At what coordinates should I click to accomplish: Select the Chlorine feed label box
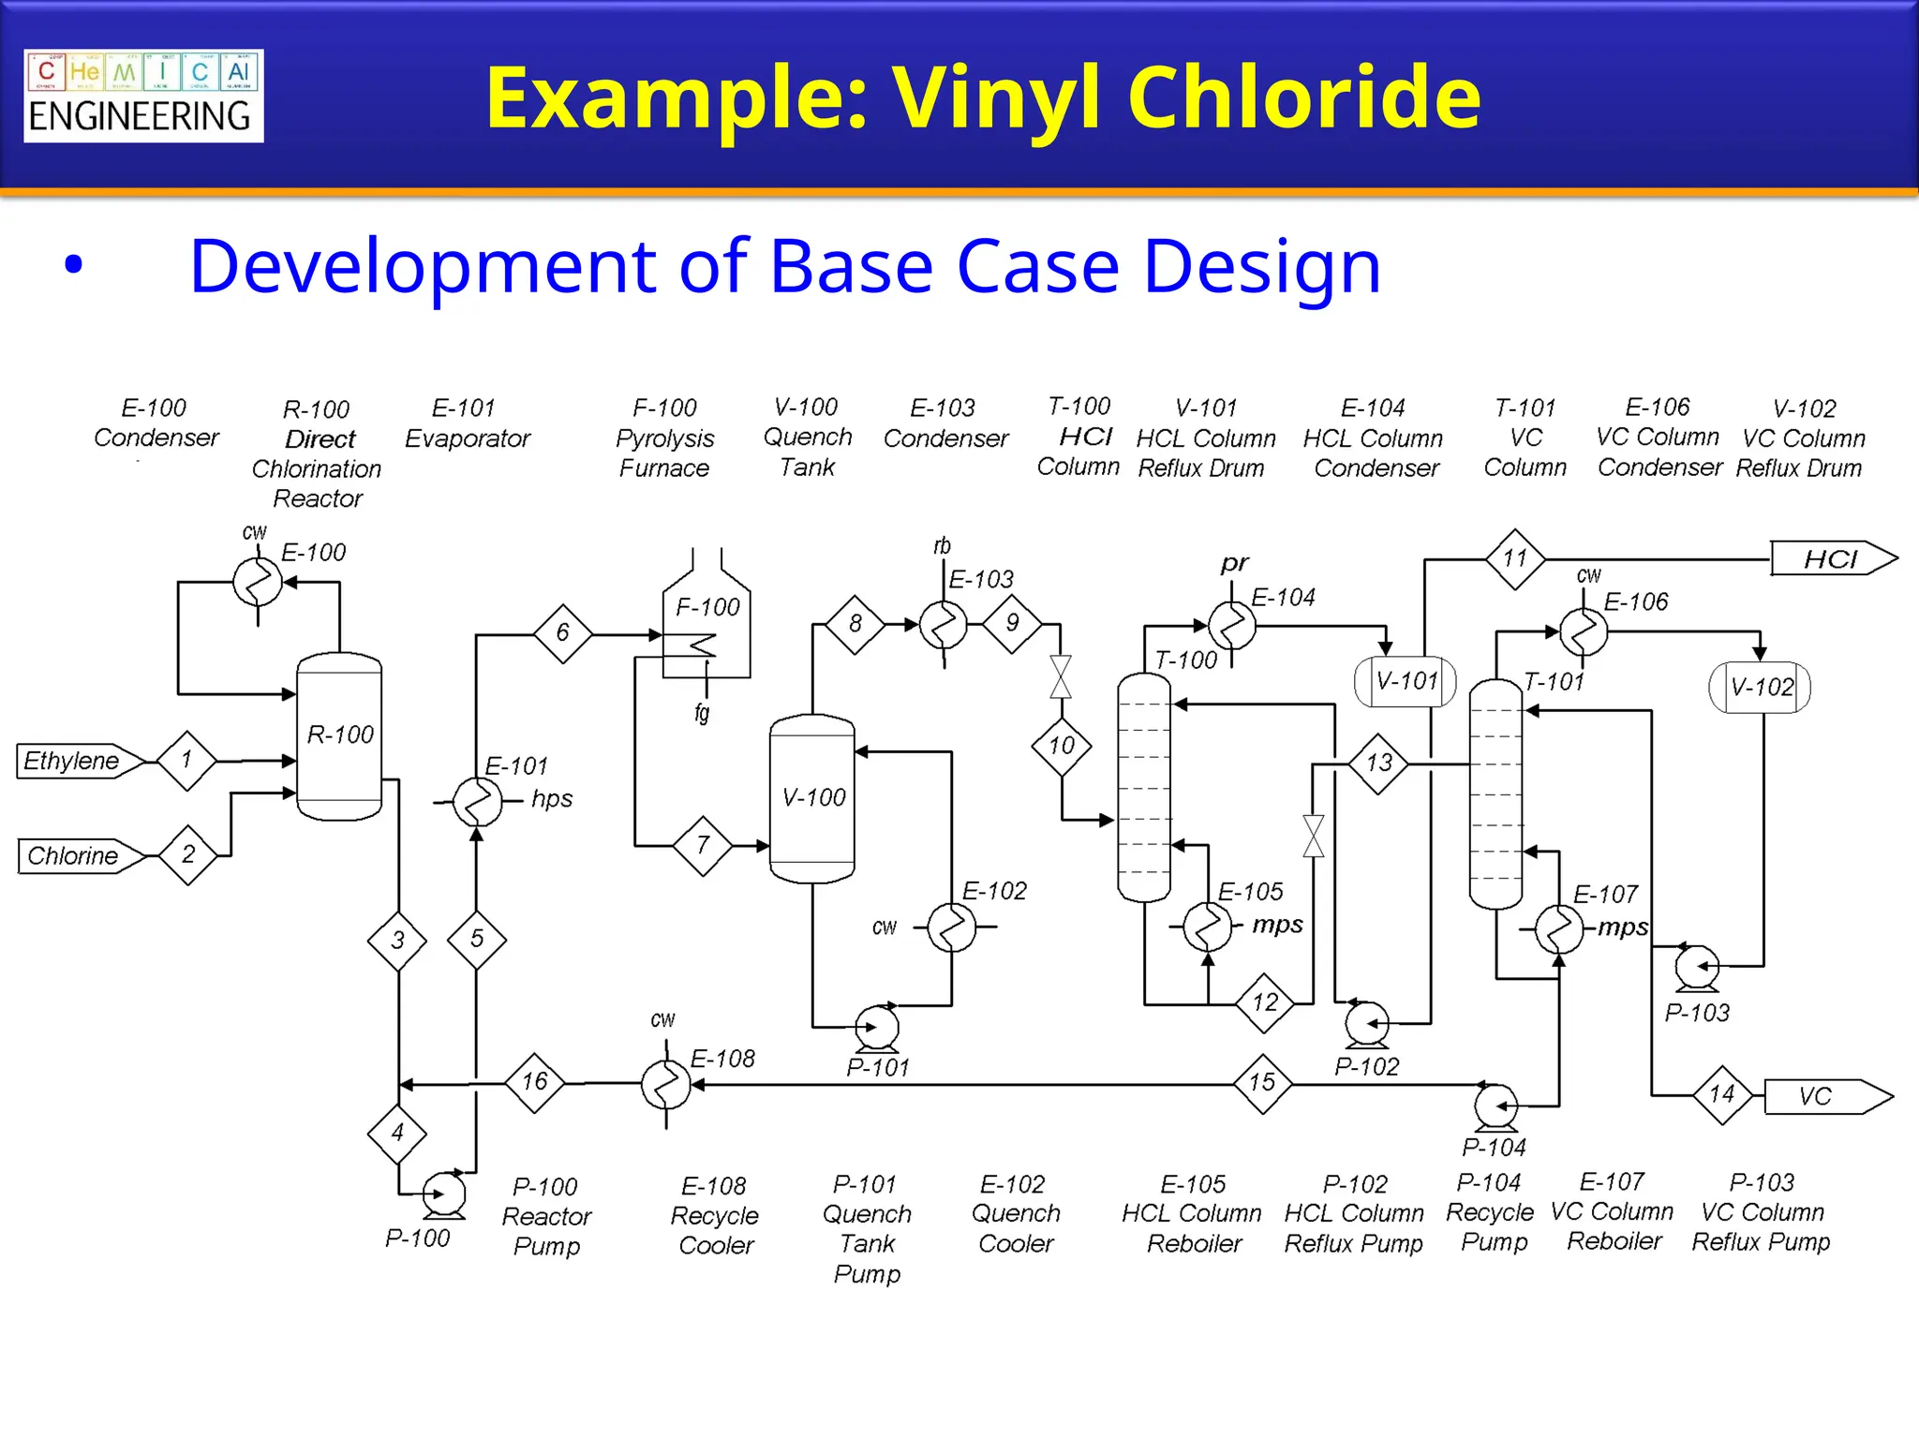(75, 855)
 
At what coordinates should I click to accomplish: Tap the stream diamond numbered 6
(562, 633)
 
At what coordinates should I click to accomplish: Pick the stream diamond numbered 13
(1378, 764)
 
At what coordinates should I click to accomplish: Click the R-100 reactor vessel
(339, 736)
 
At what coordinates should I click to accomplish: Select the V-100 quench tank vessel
(811, 798)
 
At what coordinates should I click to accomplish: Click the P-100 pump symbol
(443, 1194)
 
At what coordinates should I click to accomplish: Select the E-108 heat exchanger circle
(665, 1085)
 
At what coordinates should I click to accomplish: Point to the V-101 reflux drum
(1406, 681)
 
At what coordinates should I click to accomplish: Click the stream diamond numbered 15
(1262, 1083)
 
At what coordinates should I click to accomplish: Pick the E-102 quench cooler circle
(951, 927)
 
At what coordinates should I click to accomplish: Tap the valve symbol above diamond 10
(1061, 676)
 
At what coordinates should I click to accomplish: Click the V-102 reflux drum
(1760, 688)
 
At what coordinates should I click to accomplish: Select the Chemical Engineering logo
(143, 96)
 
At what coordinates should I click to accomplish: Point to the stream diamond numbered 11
(1515, 559)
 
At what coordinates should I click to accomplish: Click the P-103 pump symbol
(1697, 967)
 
